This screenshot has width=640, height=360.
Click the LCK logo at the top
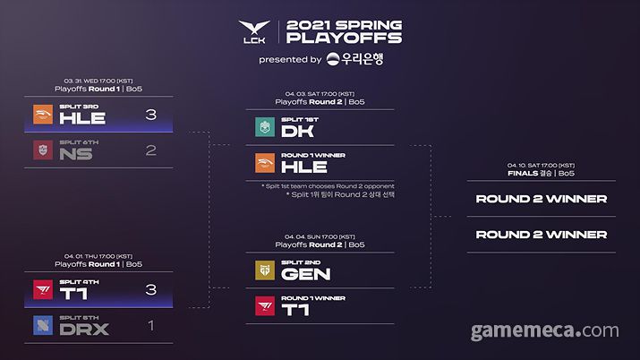pyautogui.click(x=254, y=33)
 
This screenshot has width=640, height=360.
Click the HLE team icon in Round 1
pyautogui.click(x=44, y=115)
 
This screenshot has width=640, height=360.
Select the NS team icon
pyautogui.click(x=44, y=150)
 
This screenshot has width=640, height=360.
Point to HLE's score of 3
pyautogui.click(x=150, y=115)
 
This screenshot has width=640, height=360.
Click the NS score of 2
pyautogui.click(x=150, y=150)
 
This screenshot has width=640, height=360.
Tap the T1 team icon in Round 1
pyautogui.click(x=44, y=289)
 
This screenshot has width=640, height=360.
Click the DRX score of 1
pyautogui.click(x=150, y=325)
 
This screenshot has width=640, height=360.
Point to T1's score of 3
pyautogui.click(x=150, y=289)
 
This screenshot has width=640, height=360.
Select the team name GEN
pyautogui.click(x=305, y=274)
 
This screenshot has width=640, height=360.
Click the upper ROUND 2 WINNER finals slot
pyautogui.click(x=541, y=199)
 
